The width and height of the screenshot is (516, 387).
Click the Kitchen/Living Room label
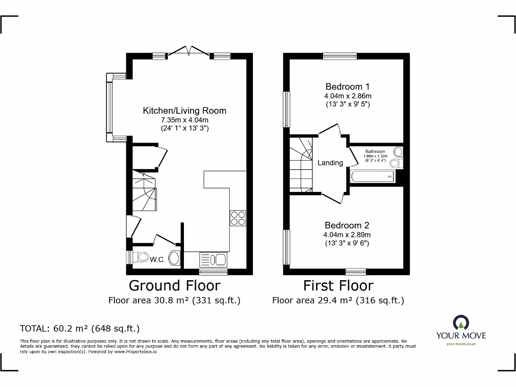point(184,110)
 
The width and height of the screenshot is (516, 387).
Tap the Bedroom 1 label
point(348,86)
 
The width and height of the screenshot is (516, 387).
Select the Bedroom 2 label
point(347,225)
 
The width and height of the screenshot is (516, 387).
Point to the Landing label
point(330,163)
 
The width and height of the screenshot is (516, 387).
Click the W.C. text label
point(158,260)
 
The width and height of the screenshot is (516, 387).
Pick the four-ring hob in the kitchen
point(238,218)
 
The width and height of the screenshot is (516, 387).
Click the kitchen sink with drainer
point(214,260)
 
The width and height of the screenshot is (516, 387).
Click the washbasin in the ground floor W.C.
point(174,258)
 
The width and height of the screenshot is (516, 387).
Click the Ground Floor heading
point(174,286)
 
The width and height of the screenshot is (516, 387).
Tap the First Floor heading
point(338,286)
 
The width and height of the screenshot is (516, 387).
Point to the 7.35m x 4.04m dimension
point(184,120)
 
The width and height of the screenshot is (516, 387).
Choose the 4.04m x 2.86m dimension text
point(348,96)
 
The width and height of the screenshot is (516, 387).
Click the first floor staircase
point(301,164)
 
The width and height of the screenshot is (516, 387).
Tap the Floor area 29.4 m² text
point(338,301)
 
